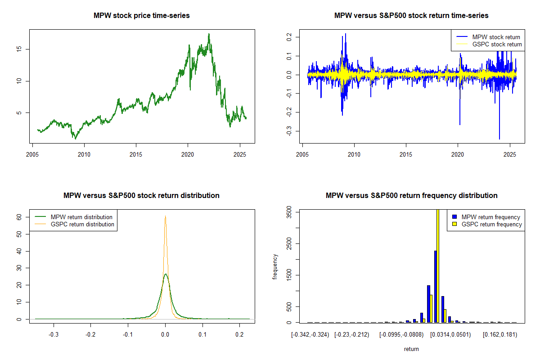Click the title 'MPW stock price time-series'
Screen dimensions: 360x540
click(x=141, y=16)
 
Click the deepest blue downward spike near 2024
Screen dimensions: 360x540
click(x=499, y=138)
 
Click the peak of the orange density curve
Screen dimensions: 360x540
click(x=165, y=216)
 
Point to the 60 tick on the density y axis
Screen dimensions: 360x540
click(x=19, y=216)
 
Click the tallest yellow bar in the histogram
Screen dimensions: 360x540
click(x=437, y=265)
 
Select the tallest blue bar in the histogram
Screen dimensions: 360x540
click(x=435, y=286)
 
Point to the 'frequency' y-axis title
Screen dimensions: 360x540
click(x=275, y=266)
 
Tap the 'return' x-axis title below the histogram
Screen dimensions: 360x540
click(x=411, y=349)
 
